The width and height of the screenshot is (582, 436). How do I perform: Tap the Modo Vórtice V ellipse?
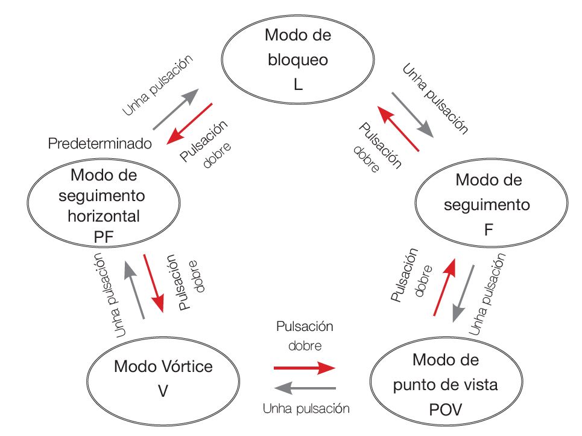(163, 378)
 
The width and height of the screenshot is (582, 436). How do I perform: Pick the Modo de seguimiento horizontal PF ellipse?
(104, 205)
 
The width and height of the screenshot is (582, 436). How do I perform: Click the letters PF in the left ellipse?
(104, 236)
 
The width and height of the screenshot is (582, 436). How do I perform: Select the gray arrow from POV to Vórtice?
(305, 388)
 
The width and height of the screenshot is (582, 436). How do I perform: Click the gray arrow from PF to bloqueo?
(176, 108)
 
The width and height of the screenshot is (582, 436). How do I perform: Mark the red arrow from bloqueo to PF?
(189, 124)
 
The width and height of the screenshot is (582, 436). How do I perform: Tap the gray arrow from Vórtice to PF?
(133, 292)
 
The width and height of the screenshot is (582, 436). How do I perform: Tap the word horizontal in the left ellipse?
(105, 216)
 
